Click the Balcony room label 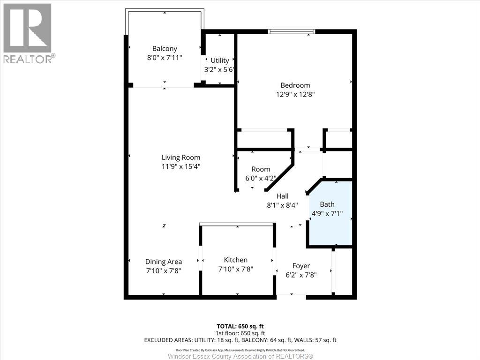165,48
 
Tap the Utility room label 219,60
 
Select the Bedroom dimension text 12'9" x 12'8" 295,94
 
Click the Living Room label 180,157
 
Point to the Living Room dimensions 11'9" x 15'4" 180,166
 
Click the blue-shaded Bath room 330,213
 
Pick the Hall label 282,196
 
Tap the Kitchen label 235,260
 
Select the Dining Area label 163,262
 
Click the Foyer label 301,266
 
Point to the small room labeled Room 261,169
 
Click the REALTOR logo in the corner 28,33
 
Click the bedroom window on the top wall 291,32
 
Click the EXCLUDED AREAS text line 240,340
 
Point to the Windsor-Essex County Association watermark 240,357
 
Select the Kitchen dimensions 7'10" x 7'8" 235,269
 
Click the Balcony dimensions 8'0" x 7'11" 165,57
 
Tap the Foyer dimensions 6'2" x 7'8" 301,275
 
